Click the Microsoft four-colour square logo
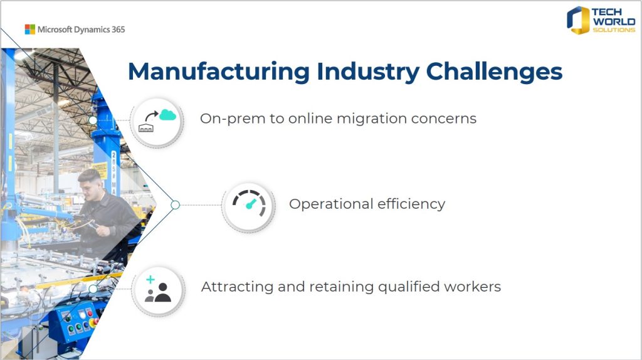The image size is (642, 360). point(30,29)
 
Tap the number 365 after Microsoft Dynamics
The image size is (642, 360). point(118,29)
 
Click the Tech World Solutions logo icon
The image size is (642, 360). point(577,20)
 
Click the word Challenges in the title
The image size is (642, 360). point(494,71)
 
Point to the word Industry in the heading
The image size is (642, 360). point(367,71)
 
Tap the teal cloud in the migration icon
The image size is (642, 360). point(167,115)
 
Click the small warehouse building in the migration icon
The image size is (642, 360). point(146,127)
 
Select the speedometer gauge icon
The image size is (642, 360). point(249,203)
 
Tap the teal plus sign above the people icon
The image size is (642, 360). point(150,279)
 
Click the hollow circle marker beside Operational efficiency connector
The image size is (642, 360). point(176,205)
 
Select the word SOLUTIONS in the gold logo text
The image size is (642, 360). point(614,30)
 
